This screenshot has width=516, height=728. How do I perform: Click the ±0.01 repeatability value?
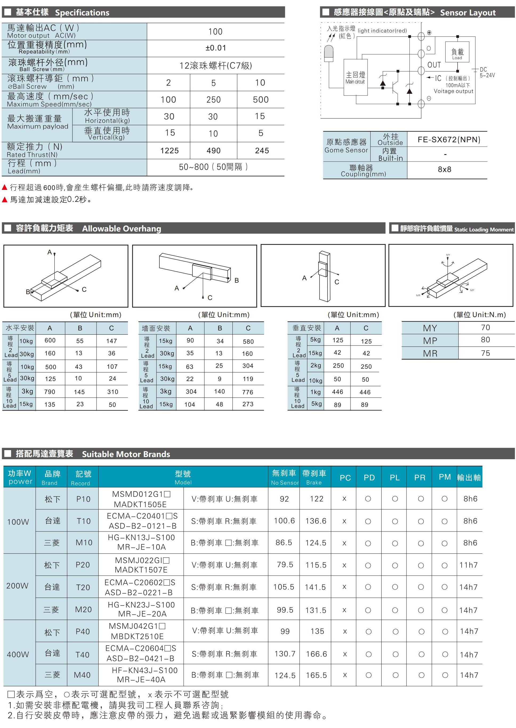215,48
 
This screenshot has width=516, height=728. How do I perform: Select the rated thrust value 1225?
169,151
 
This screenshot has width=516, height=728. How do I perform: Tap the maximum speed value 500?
261,100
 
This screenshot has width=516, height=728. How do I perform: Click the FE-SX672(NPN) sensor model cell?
449,139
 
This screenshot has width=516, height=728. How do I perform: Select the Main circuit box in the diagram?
355,77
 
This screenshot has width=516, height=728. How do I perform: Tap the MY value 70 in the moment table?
485,327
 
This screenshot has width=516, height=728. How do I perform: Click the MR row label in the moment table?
430,353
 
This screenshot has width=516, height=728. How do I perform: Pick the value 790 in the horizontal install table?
50,392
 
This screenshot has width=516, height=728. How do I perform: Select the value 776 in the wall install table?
248,392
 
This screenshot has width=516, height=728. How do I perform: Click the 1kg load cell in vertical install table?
316,392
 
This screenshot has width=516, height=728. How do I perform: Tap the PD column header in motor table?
369,478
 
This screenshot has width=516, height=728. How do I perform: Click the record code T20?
83,587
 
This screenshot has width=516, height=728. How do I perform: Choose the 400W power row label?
18,654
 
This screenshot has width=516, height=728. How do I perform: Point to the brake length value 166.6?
316,654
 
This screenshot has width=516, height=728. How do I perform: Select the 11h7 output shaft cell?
468,565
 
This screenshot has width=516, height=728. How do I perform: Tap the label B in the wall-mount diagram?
236,280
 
